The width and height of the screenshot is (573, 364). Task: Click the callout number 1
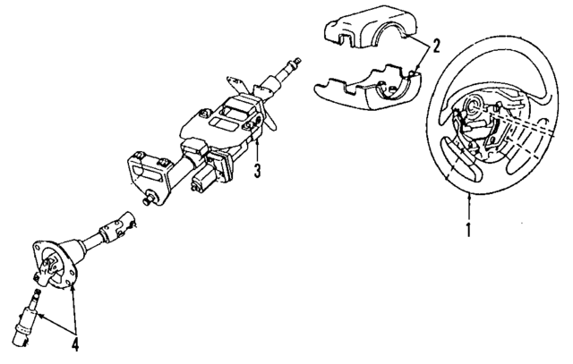(x=468, y=229)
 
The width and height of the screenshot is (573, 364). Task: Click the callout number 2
(x=436, y=46)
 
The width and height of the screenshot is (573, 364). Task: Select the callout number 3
(x=258, y=171)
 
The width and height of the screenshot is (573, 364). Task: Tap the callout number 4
(x=75, y=344)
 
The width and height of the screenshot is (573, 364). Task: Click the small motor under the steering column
(x=204, y=178)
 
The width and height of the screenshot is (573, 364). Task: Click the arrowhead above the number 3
(x=257, y=140)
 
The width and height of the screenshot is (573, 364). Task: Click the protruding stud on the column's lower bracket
(x=148, y=199)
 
